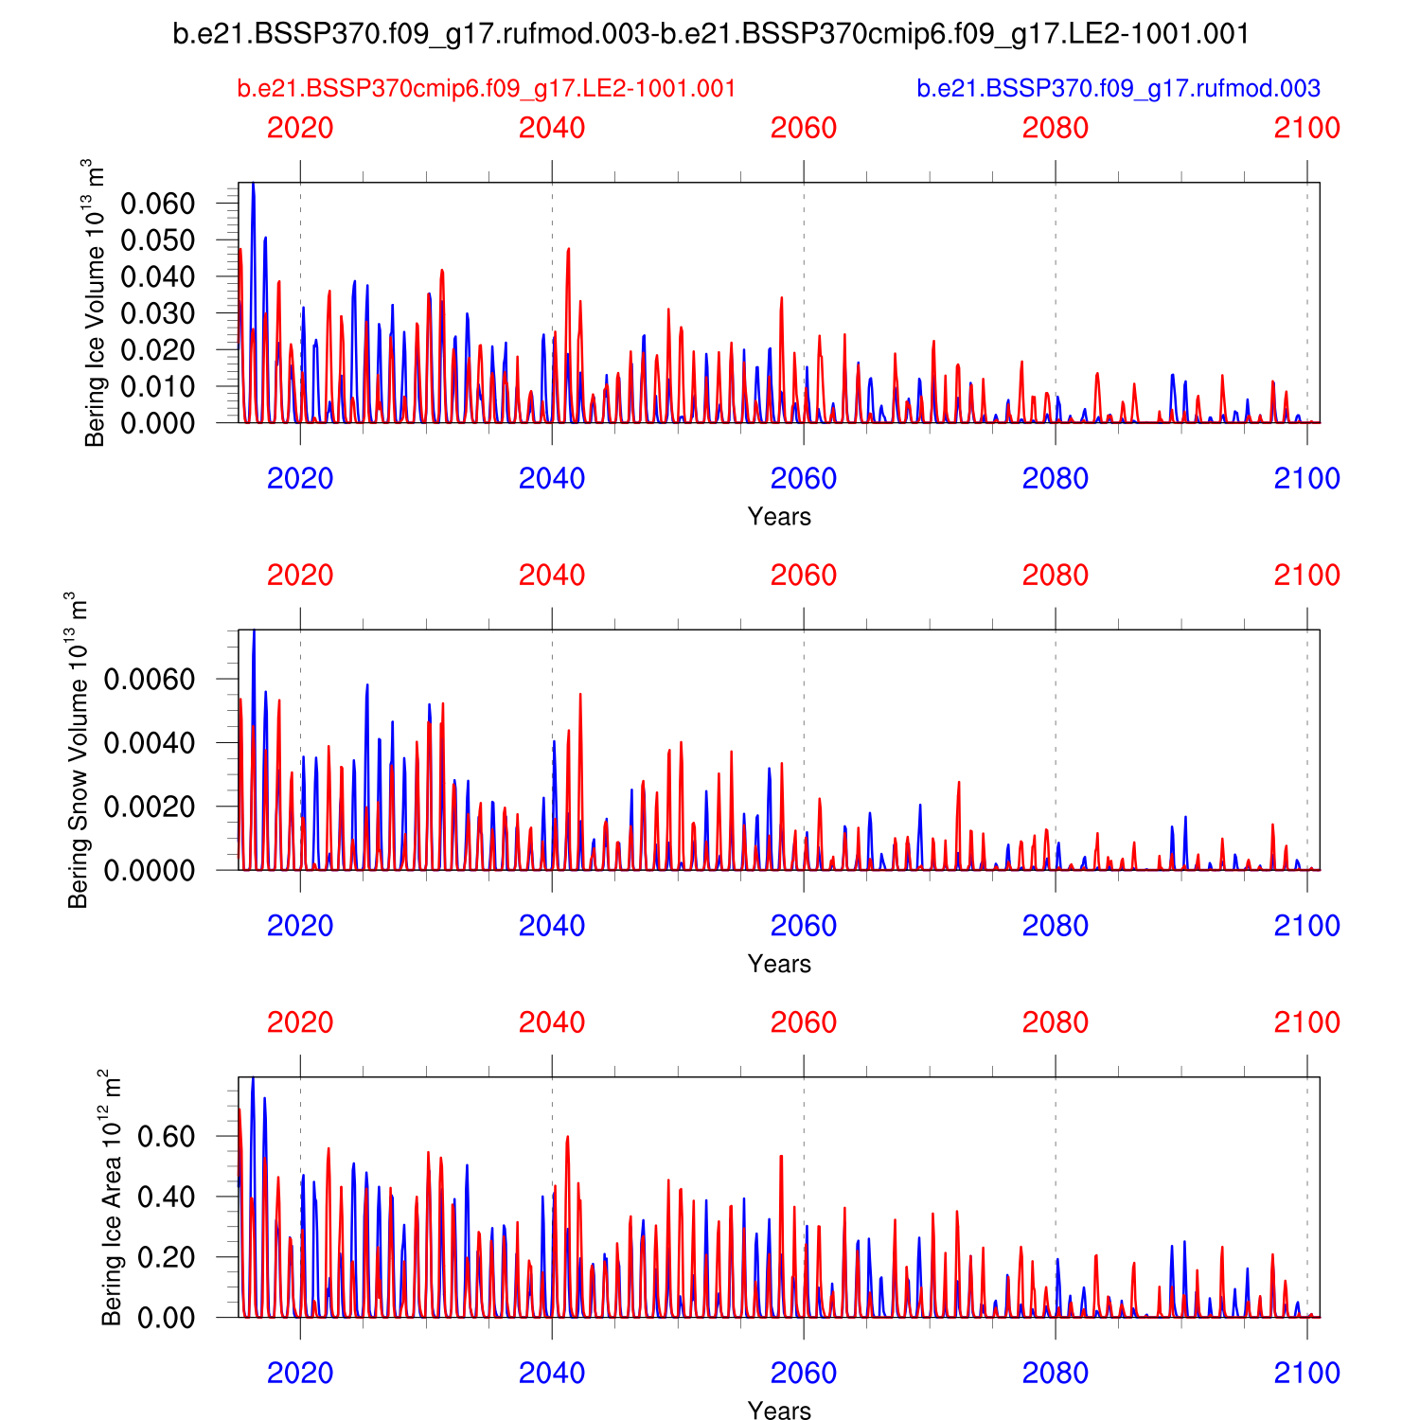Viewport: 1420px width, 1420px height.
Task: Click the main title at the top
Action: pyautogui.click(x=711, y=34)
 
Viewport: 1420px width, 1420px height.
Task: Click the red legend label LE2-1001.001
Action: pyautogui.click(x=487, y=89)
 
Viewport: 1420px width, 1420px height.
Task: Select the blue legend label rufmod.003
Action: pyautogui.click(x=1118, y=89)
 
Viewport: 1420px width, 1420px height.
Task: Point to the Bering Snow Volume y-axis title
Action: pyautogui.click(x=78, y=750)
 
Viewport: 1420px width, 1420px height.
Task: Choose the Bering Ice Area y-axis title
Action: pyautogui.click(x=112, y=1198)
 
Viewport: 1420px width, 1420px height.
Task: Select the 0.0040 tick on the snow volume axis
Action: pyautogui.click(x=150, y=743)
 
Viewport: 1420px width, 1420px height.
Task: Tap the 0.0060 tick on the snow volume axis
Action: pyautogui.click(x=150, y=680)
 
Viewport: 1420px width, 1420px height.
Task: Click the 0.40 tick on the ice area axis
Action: pyautogui.click(x=167, y=1197)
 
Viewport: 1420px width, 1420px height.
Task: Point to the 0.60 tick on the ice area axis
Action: pyautogui.click(x=167, y=1136)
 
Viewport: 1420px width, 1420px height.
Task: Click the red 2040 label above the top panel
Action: pyautogui.click(x=552, y=128)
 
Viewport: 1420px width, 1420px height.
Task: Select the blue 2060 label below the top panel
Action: pyautogui.click(x=804, y=479)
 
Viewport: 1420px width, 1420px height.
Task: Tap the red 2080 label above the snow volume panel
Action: pyautogui.click(x=1056, y=576)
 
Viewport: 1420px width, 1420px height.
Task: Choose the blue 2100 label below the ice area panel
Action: pyautogui.click(x=1306, y=1374)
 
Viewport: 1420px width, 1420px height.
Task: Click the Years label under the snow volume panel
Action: pyautogui.click(x=779, y=964)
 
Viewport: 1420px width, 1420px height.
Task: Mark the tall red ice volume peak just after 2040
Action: pyautogui.click(x=568, y=250)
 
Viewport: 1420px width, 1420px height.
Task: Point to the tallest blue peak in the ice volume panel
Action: pyautogui.click(x=253, y=186)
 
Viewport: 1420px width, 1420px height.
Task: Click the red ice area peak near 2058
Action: pyautogui.click(x=781, y=1157)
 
